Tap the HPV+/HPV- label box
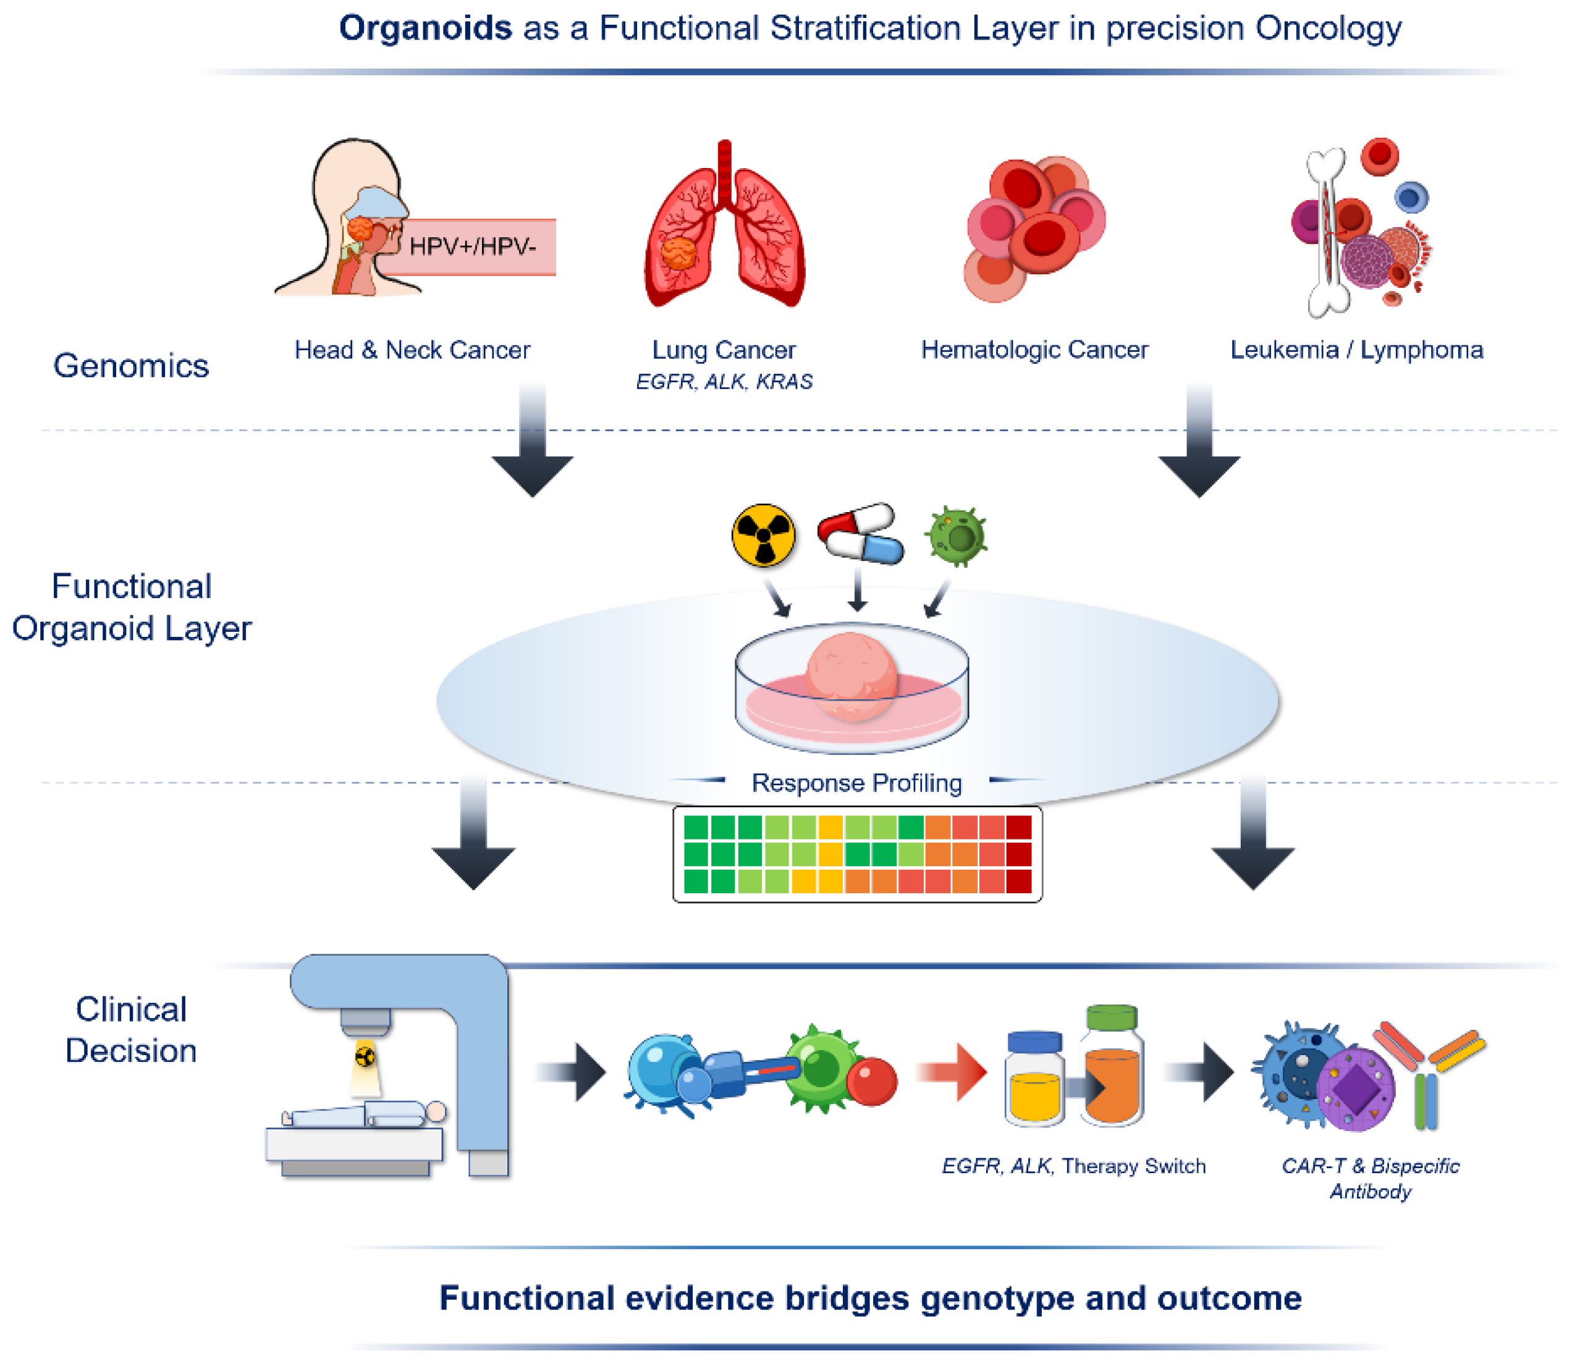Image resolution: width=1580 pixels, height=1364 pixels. click(x=473, y=246)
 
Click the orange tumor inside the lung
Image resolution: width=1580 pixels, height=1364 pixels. click(x=678, y=253)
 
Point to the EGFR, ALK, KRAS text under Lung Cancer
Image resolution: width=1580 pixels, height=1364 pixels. click(x=724, y=381)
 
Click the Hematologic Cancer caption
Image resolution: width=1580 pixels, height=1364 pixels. click(x=1034, y=350)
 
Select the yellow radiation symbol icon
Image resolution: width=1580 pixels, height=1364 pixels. click(x=763, y=535)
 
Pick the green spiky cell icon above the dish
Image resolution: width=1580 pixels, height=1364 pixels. click(x=957, y=537)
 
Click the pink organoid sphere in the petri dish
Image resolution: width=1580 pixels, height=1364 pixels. click(x=851, y=675)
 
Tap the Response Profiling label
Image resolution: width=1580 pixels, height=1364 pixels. click(x=856, y=783)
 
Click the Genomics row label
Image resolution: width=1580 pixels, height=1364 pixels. click(x=130, y=366)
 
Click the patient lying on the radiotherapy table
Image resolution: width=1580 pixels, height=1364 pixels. click(x=366, y=1114)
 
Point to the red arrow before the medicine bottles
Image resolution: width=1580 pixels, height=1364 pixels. click(x=953, y=1072)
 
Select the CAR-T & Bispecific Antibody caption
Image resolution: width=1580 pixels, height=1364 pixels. click(x=1371, y=1178)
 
